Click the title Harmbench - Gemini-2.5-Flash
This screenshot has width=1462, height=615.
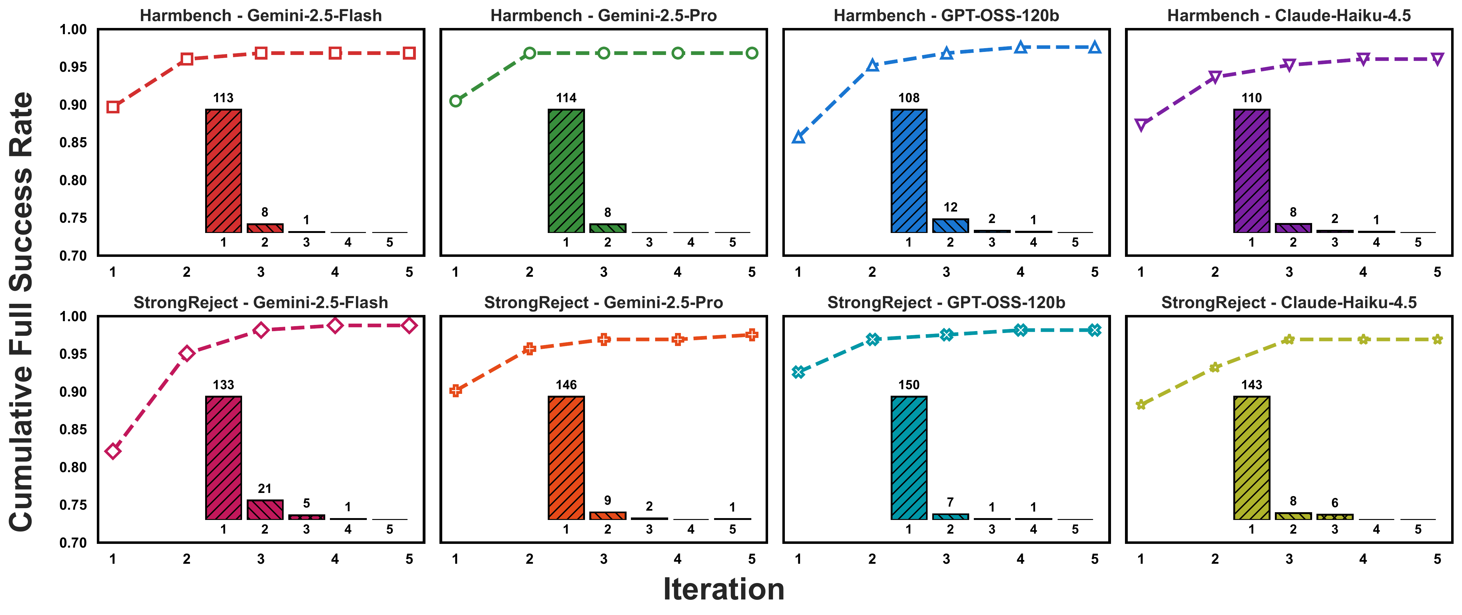pyautogui.click(x=260, y=15)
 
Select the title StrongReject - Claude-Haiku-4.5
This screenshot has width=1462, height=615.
pyautogui.click(x=1288, y=303)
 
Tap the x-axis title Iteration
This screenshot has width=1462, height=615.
pyautogui.click(x=724, y=589)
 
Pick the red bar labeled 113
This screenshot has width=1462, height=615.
pyautogui.click(x=223, y=170)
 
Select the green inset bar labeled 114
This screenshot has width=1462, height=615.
pyautogui.click(x=566, y=170)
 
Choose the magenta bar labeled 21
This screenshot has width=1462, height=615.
pyautogui.click(x=264, y=509)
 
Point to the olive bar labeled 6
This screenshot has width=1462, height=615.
pyautogui.click(x=1334, y=517)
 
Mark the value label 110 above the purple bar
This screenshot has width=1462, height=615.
pyautogui.click(x=1252, y=98)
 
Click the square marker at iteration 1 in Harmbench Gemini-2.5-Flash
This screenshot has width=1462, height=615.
pyautogui.click(x=113, y=107)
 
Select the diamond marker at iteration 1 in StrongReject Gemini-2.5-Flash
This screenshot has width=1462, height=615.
pyautogui.click(x=113, y=451)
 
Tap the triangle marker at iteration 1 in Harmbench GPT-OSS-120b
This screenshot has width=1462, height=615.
pyautogui.click(x=798, y=137)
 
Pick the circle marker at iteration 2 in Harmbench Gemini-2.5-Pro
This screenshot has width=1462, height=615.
pyautogui.click(x=529, y=53)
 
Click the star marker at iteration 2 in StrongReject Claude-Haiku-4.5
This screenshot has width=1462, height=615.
pyautogui.click(x=1215, y=367)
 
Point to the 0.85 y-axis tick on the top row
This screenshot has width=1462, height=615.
pyautogui.click(x=73, y=143)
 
